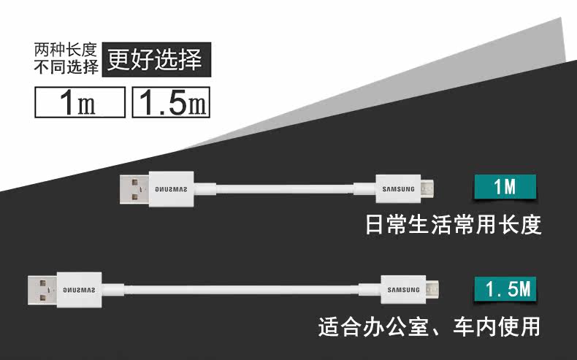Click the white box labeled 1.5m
click(x=171, y=103)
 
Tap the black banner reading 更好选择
click(x=155, y=59)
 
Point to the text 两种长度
click(x=66, y=50)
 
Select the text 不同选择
click(x=66, y=68)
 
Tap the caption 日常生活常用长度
click(x=453, y=224)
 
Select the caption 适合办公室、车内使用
click(x=429, y=326)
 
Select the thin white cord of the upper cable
click(x=285, y=189)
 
